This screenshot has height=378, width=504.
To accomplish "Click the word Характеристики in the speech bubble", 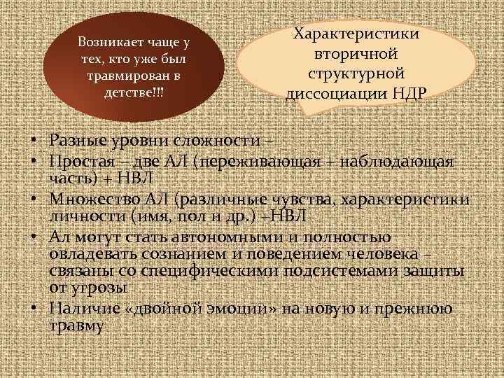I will (x=356, y=34).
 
